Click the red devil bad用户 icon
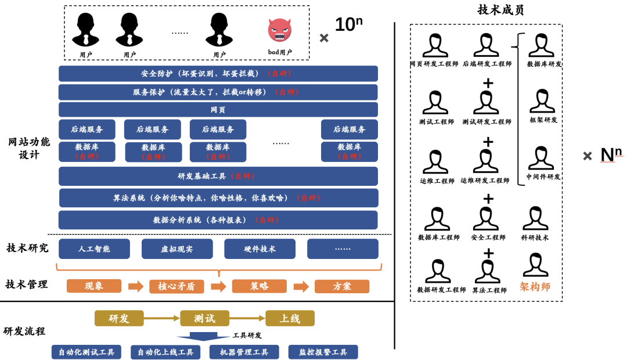[x=279, y=30]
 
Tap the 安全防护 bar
[x=218, y=74]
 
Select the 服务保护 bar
[x=218, y=92]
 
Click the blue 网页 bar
[x=218, y=110]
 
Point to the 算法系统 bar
[x=218, y=198]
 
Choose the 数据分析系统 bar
[x=218, y=220]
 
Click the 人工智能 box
[x=94, y=249]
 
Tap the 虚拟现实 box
[x=176, y=249]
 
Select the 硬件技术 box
[x=260, y=249]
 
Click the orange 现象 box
[x=94, y=286]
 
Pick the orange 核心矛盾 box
[x=176, y=287]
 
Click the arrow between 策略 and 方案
[x=301, y=287]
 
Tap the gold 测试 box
[x=204, y=318]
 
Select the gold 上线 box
[x=290, y=318]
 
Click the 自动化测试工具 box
[x=86, y=352]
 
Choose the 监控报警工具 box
[x=323, y=352]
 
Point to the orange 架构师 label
[x=535, y=287]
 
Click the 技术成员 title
[x=500, y=10]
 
